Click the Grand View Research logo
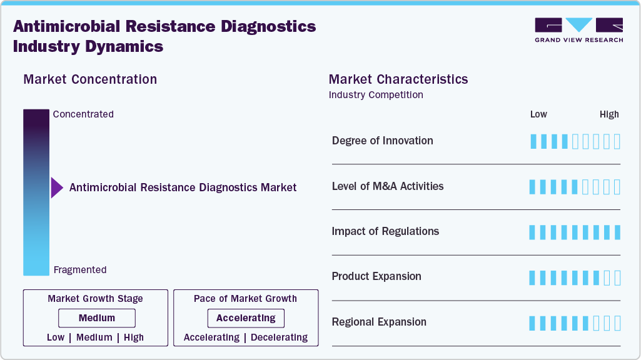pos(578,29)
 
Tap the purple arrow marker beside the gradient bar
pos(57,187)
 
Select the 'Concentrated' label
pos(83,114)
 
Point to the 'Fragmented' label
pos(80,270)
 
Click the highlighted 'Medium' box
pos(97,318)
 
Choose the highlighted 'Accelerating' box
pos(246,318)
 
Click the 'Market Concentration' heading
pos(90,79)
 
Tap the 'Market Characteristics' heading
pos(398,79)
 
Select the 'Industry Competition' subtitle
pos(376,95)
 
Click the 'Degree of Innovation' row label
pos(382,141)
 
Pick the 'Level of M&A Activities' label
pos(388,186)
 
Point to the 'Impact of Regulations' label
pos(385,231)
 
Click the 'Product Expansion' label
pos(376,276)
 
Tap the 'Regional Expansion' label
pos(379,322)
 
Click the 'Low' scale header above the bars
pos(538,114)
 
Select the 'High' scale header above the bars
pos(609,114)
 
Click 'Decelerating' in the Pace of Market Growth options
pos(280,337)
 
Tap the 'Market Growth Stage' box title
pos(96,299)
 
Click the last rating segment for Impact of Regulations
pos(617,232)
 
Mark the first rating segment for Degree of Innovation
pos(533,141)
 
